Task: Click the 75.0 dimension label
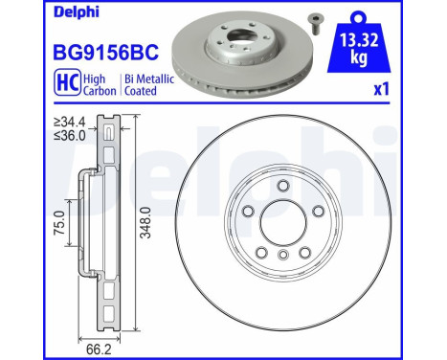click(59, 230)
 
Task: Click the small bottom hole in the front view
click(283, 255)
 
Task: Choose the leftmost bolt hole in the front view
click(248, 214)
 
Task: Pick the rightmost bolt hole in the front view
click(317, 214)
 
